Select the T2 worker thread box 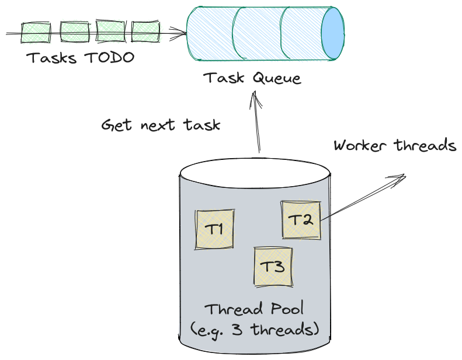(301, 220)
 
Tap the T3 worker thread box (272, 267)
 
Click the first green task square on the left (36, 32)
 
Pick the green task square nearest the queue (145, 32)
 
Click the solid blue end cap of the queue (333, 33)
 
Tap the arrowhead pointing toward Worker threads (400, 177)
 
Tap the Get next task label (161, 125)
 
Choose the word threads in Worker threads (425, 145)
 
